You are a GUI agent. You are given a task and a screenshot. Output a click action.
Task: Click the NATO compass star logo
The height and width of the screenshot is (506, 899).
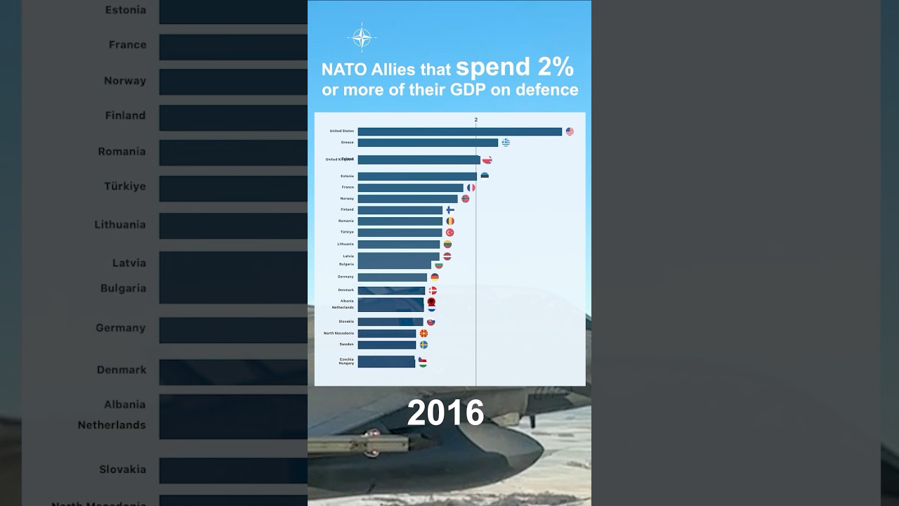pos(362,37)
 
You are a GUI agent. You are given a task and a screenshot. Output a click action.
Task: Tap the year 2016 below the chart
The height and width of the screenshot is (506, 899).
pos(445,413)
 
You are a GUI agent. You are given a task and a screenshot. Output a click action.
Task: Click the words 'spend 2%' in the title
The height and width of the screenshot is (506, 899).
pos(514,67)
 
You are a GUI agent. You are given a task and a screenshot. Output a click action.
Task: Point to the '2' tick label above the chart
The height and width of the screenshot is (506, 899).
pos(475,119)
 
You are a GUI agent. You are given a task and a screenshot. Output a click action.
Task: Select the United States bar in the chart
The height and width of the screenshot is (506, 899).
pos(459,131)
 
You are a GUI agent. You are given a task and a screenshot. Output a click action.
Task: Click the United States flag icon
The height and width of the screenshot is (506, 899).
pos(570,131)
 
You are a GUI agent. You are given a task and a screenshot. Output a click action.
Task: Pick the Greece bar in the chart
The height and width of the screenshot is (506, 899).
pos(427,143)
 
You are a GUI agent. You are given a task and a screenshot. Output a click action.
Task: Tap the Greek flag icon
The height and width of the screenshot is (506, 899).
pos(506,143)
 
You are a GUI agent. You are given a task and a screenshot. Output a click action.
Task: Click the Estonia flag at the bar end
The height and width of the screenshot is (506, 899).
pos(485,176)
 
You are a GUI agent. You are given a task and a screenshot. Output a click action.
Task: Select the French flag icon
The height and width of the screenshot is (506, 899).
pos(471,188)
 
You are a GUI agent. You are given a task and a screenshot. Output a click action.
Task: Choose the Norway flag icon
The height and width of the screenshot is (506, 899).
pos(465,199)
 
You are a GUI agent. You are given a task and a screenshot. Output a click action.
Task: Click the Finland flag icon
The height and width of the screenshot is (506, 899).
pos(450,210)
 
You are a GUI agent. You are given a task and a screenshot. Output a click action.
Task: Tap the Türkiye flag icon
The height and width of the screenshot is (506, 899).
pos(450,233)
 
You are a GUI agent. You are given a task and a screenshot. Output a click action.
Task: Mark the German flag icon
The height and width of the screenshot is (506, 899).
pos(435,277)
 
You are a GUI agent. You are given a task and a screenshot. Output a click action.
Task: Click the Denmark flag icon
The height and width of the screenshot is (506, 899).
pos(433,290)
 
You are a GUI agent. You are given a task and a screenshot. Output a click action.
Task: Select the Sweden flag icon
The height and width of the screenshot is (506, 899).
pos(424,345)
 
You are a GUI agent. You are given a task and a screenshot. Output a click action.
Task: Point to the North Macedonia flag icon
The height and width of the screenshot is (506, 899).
pos(424,333)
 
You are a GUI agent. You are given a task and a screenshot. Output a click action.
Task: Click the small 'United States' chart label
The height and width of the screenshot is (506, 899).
pos(341,131)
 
